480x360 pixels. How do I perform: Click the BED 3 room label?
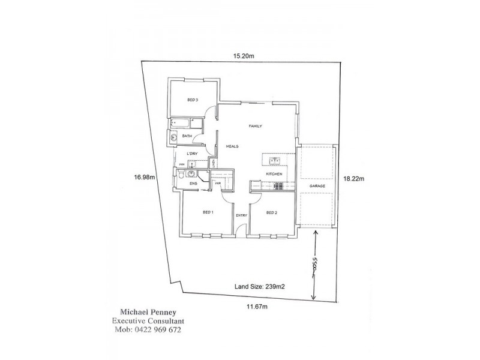(x=193, y=100)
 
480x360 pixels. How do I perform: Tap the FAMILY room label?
(x=257, y=127)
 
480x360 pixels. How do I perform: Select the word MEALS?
(x=233, y=146)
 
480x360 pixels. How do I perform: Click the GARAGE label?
(x=317, y=187)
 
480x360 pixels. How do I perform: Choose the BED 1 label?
(x=208, y=212)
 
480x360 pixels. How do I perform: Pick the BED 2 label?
(x=272, y=212)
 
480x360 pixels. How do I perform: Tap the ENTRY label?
(x=242, y=215)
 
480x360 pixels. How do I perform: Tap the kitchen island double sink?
(x=275, y=160)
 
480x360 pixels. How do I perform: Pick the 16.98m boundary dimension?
(x=145, y=177)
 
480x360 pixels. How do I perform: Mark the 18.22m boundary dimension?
(x=351, y=178)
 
